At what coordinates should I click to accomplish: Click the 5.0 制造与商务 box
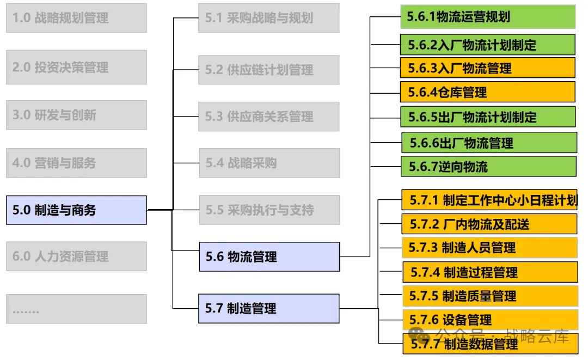tap(77, 210)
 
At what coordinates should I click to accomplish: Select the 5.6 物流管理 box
tap(269, 257)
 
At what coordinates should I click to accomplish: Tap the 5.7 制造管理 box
tap(269, 308)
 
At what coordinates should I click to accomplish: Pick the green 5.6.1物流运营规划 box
tap(488, 16)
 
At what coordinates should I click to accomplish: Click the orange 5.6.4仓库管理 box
tap(487, 92)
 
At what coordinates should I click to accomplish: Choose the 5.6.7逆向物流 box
tap(488, 166)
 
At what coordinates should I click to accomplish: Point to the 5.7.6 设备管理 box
tap(491, 320)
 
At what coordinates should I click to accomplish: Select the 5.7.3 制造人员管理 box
tap(490, 247)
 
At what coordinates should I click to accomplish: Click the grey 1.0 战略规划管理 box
tap(77, 18)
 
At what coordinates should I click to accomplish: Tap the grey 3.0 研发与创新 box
tap(77, 115)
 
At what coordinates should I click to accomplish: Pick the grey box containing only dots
tap(77, 309)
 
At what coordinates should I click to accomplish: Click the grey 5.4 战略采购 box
tap(269, 163)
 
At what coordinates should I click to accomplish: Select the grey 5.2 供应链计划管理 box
tap(269, 70)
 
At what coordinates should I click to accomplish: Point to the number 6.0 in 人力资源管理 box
tap(21, 256)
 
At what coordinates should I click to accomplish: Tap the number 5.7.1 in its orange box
tap(424, 200)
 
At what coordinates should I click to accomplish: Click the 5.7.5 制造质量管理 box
tap(491, 296)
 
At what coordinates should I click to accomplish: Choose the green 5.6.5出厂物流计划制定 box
tap(488, 117)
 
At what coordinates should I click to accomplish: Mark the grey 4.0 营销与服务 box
tap(77, 163)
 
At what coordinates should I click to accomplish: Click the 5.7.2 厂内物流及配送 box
tap(489, 224)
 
